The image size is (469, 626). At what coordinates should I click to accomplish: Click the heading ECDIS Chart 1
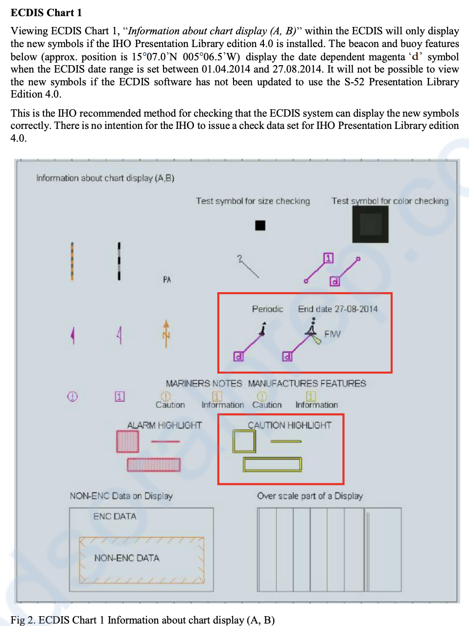[x=46, y=13]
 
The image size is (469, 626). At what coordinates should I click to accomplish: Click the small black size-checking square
[x=260, y=225]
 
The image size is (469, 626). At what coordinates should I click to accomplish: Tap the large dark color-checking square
[x=370, y=225]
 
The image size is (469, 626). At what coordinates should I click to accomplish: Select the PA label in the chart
[x=167, y=279]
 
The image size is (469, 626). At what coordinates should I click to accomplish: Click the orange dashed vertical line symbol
[x=72, y=261]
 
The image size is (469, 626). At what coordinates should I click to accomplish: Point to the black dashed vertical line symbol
[x=119, y=261]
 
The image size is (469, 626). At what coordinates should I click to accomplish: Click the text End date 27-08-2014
[x=338, y=309]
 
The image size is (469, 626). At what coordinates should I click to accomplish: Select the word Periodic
[x=267, y=309]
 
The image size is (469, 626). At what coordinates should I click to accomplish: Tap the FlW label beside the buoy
[x=332, y=334]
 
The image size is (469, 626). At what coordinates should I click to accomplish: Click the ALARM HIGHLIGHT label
[x=164, y=425]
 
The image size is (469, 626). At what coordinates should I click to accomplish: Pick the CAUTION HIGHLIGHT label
[x=289, y=425]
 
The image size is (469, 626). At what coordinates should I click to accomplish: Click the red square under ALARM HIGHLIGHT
[x=128, y=441]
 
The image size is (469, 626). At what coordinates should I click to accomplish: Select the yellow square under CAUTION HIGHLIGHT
[x=244, y=441]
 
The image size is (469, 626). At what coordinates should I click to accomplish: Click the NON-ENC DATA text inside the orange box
[x=127, y=558]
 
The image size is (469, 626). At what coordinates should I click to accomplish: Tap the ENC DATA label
[x=115, y=516]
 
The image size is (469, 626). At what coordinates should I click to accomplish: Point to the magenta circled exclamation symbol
[x=72, y=396]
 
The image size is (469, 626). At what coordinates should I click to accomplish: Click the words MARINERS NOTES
[x=204, y=383]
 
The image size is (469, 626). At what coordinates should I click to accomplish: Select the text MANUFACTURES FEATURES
[x=307, y=383]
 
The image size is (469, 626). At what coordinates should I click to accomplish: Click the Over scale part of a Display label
[x=310, y=496]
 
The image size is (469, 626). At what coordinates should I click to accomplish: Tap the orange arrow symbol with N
[x=166, y=333]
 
